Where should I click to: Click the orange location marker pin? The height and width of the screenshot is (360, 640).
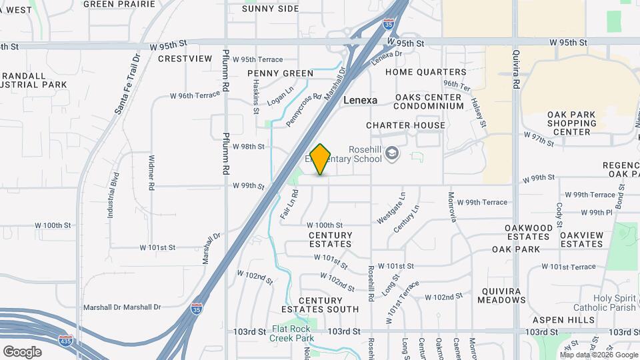tap(321, 159)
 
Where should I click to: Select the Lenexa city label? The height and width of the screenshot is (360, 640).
tap(360, 100)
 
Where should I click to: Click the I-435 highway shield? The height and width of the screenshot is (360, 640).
tap(65, 340)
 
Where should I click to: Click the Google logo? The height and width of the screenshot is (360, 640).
tap(22, 352)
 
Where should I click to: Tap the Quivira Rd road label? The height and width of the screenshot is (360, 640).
tap(515, 69)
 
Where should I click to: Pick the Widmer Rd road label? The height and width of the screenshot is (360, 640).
tap(151, 171)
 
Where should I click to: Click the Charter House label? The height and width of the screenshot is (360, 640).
tap(405, 125)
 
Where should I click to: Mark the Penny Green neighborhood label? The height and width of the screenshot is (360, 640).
tap(280, 73)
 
